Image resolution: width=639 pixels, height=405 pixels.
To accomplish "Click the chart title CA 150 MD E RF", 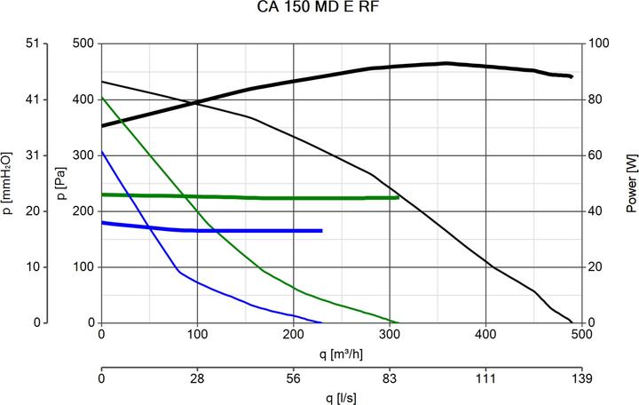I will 319,10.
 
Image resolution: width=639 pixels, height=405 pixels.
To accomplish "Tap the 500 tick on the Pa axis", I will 83,44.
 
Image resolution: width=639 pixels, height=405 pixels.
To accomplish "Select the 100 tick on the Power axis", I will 600,44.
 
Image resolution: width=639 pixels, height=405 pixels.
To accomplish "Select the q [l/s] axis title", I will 342,397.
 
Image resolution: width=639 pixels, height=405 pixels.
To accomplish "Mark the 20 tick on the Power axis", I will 597,266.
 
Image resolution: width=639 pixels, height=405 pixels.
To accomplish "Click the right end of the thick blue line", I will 321,231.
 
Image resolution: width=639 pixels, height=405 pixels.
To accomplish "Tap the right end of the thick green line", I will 398,197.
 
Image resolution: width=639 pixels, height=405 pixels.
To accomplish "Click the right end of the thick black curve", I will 572,77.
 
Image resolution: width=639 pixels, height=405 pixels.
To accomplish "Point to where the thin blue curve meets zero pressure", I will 322,322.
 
